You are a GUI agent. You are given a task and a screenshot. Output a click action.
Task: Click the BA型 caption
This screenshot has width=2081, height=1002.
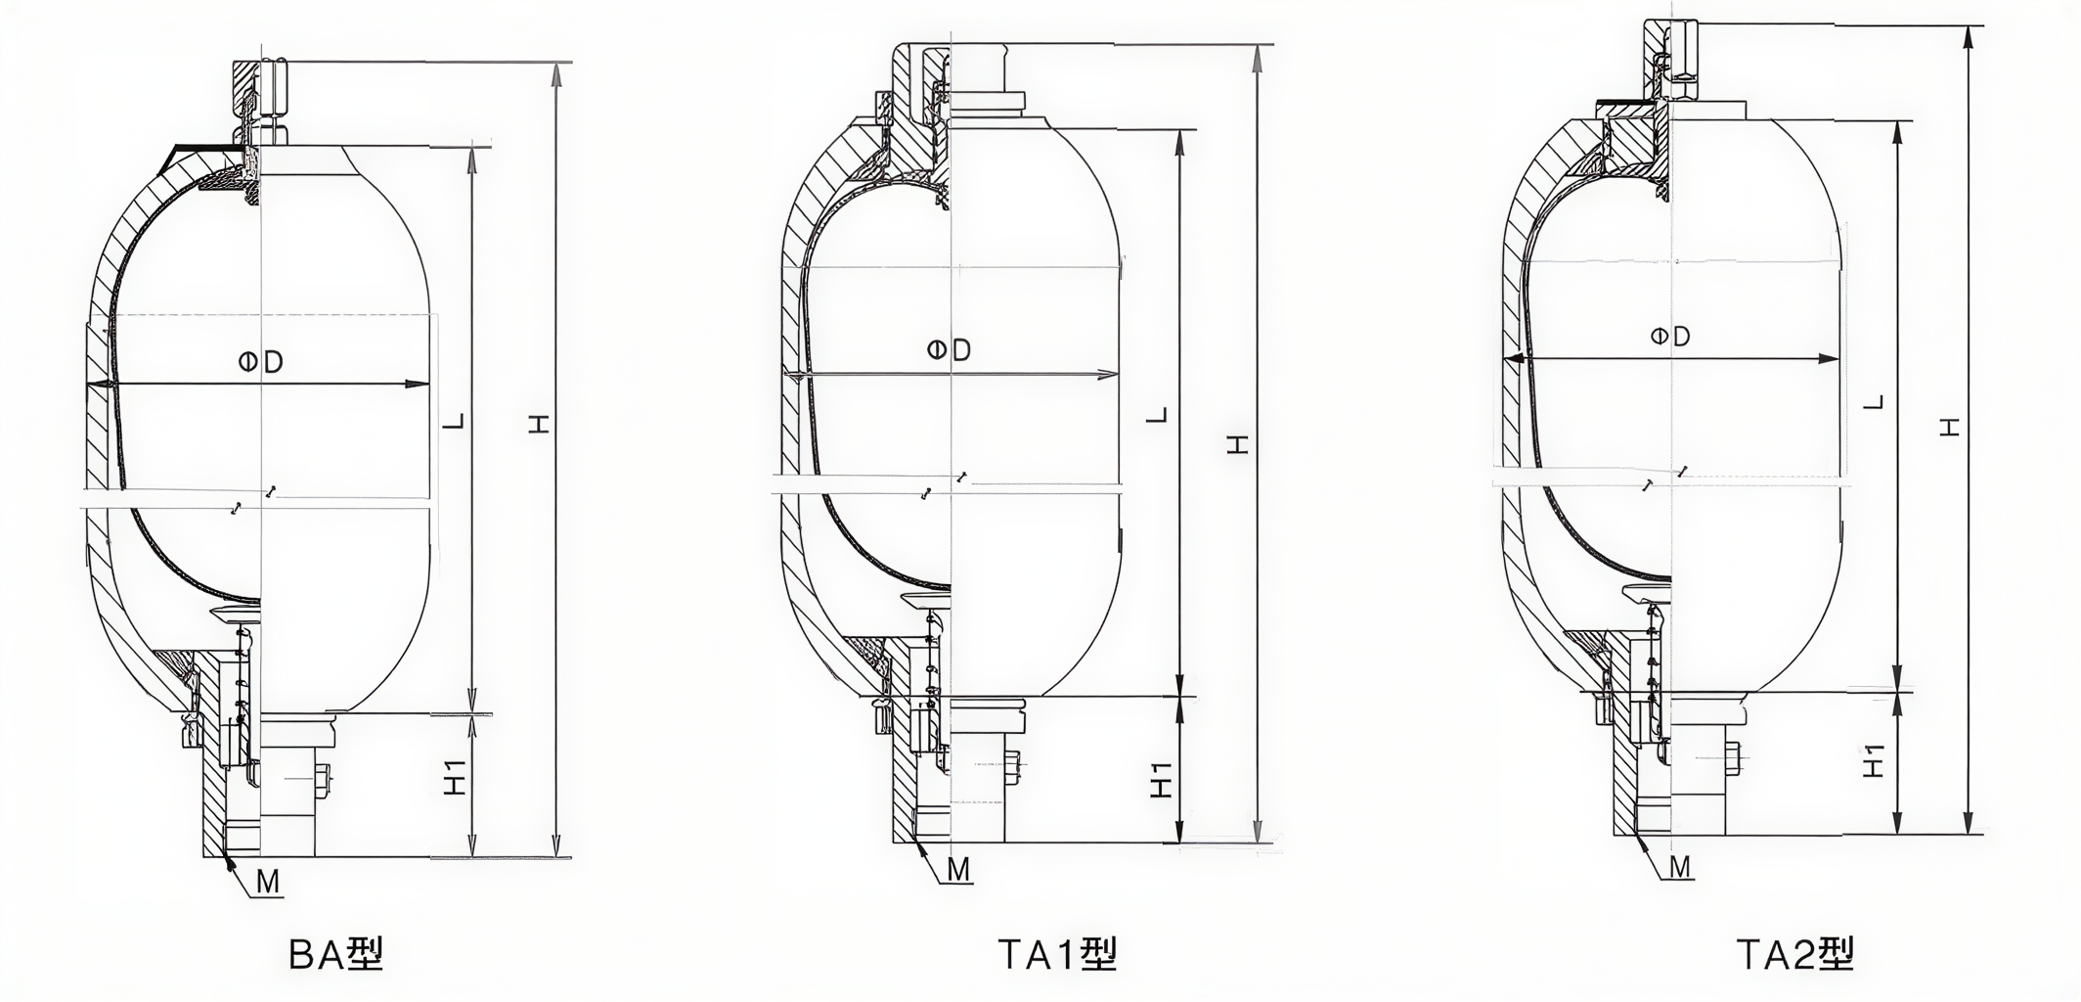click(x=336, y=953)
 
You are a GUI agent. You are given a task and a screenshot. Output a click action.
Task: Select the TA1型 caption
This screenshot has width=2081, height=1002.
click(x=1057, y=953)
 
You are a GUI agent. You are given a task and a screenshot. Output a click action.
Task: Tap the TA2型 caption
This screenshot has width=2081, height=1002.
click(x=1795, y=953)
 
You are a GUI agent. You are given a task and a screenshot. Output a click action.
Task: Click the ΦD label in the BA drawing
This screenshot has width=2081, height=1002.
click(x=261, y=362)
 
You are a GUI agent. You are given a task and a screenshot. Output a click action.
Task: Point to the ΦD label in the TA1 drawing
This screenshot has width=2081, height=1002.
click(x=949, y=349)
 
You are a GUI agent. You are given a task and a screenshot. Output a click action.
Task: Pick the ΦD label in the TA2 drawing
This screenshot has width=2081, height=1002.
click(x=1670, y=337)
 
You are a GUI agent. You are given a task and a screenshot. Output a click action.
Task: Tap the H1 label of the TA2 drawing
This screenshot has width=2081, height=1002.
click(x=1874, y=759)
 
